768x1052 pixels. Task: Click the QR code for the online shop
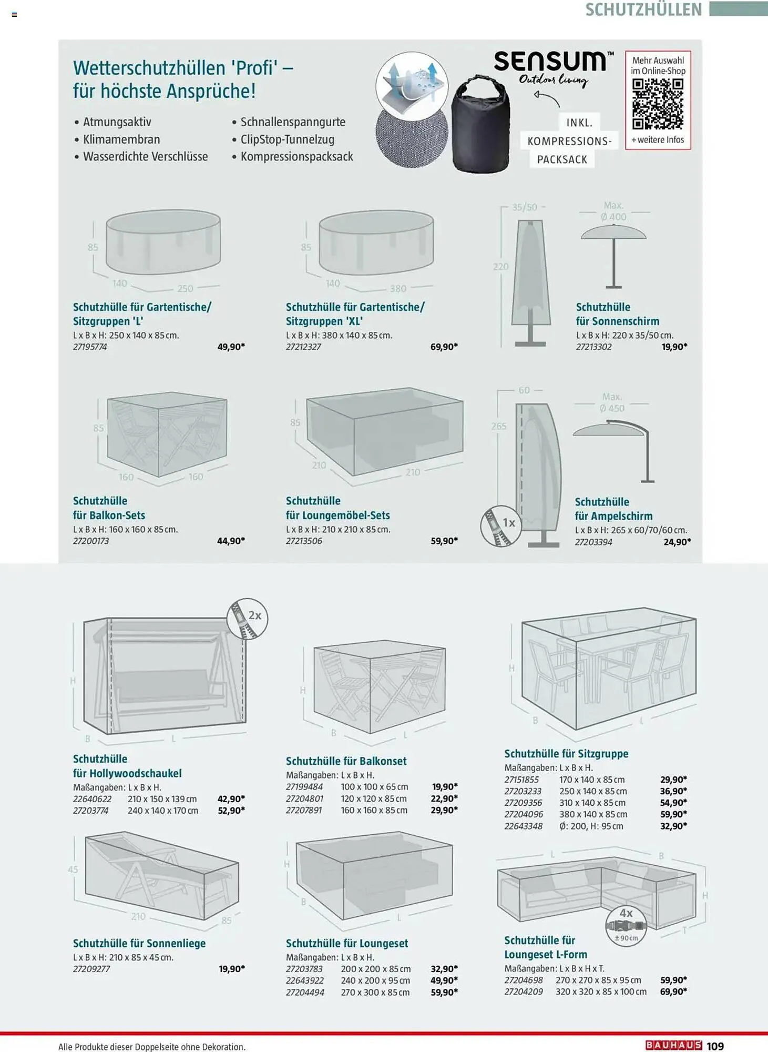point(658,104)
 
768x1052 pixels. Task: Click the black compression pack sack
point(480,124)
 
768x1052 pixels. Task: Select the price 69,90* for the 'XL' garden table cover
point(444,347)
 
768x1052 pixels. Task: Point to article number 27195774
point(90,347)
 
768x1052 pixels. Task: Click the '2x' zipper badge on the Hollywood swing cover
point(248,619)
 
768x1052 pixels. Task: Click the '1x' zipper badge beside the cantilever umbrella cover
point(501,526)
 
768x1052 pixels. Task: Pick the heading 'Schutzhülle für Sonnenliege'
point(139,943)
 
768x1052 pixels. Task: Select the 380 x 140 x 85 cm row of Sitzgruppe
point(596,814)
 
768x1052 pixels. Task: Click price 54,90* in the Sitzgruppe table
point(674,803)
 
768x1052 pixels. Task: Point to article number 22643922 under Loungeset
point(305,980)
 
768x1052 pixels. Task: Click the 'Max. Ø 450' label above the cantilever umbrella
point(612,402)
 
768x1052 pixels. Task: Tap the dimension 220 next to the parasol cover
point(500,267)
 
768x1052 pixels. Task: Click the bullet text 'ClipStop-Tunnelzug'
point(288,139)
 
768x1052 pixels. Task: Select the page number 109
point(715,1046)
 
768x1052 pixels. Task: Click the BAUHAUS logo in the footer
point(674,1045)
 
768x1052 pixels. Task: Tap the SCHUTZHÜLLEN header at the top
point(643,9)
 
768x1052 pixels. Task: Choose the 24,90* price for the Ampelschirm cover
point(678,542)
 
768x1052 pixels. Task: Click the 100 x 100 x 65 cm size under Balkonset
point(374,787)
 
